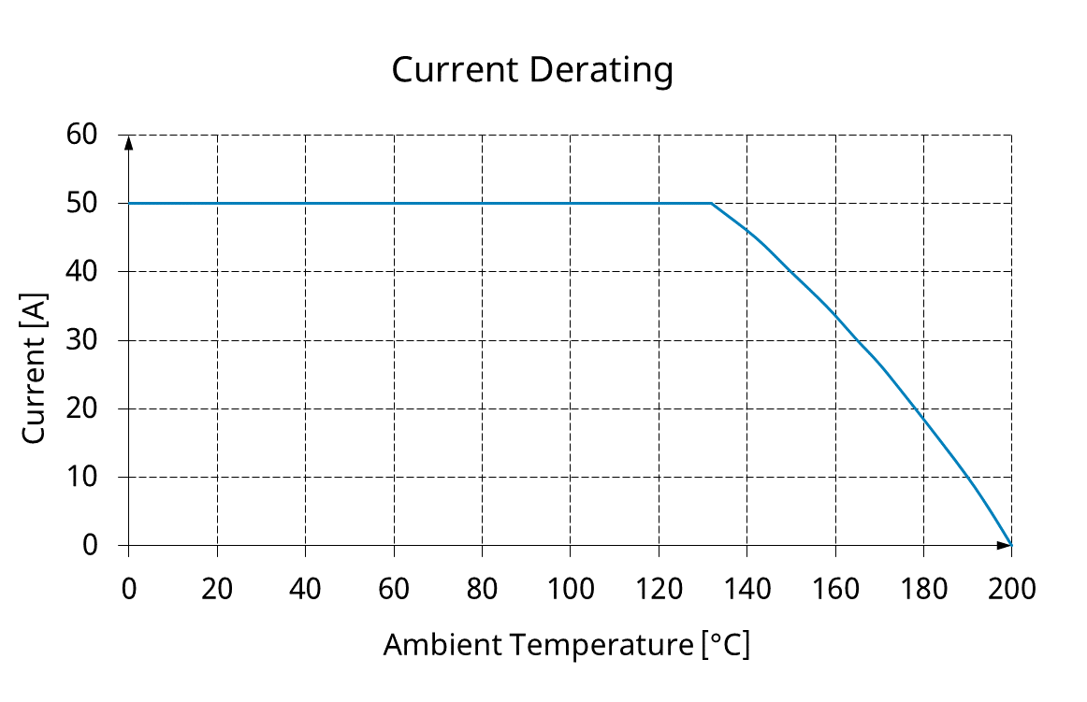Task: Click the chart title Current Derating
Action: (x=531, y=70)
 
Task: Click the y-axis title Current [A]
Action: (x=34, y=371)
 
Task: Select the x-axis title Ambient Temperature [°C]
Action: (x=566, y=645)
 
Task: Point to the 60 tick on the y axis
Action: (x=82, y=135)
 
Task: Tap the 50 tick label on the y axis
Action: (x=82, y=203)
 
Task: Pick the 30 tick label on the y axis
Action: (x=82, y=340)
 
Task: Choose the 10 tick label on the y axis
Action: (x=82, y=477)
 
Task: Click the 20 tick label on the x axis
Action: (x=217, y=591)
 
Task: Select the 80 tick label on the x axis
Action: (x=482, y=591)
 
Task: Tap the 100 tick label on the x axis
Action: (x=570, y=591)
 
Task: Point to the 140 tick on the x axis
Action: (x=746, y=591)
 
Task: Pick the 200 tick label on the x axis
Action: (x=1011, y=591)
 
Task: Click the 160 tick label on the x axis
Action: (x=834, y=591)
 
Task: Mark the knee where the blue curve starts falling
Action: (x=711, y=203)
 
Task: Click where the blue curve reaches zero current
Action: (x=1010, y=545)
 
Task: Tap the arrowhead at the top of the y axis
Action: (x=129, y=142)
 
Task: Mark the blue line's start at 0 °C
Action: (x=129, y=203)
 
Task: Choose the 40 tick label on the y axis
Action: (x=82, y=271)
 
